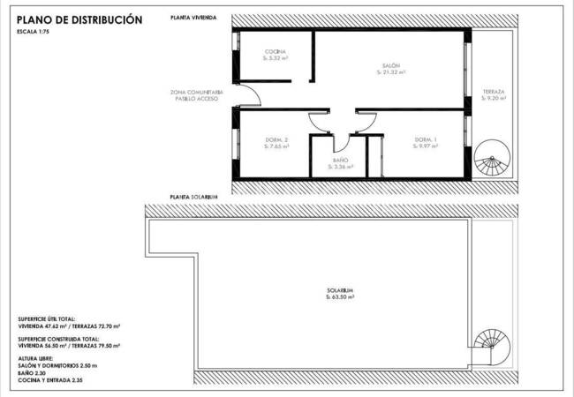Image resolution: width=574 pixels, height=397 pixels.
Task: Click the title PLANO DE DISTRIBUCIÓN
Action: pos(79,19)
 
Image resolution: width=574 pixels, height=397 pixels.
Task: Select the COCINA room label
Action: pos(276,52)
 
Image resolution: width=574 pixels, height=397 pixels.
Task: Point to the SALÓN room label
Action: pos(391,66)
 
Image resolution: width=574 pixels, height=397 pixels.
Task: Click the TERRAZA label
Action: pos(493,93)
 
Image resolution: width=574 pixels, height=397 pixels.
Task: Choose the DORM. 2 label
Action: pos(277,140)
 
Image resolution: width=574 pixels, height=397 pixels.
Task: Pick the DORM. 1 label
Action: pos(427,140)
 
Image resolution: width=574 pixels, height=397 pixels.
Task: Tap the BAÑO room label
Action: pos(340,160)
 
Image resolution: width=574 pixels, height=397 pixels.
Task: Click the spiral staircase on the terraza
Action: pos(490,162)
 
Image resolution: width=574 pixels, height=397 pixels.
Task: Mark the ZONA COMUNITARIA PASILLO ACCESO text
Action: pos(198,95)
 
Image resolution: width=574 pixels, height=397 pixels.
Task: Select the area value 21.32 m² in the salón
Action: pos(391,73)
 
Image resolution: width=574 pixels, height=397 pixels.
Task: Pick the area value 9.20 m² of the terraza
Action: pos(493,100)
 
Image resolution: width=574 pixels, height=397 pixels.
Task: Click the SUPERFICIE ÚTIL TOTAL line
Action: pos(46,318)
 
